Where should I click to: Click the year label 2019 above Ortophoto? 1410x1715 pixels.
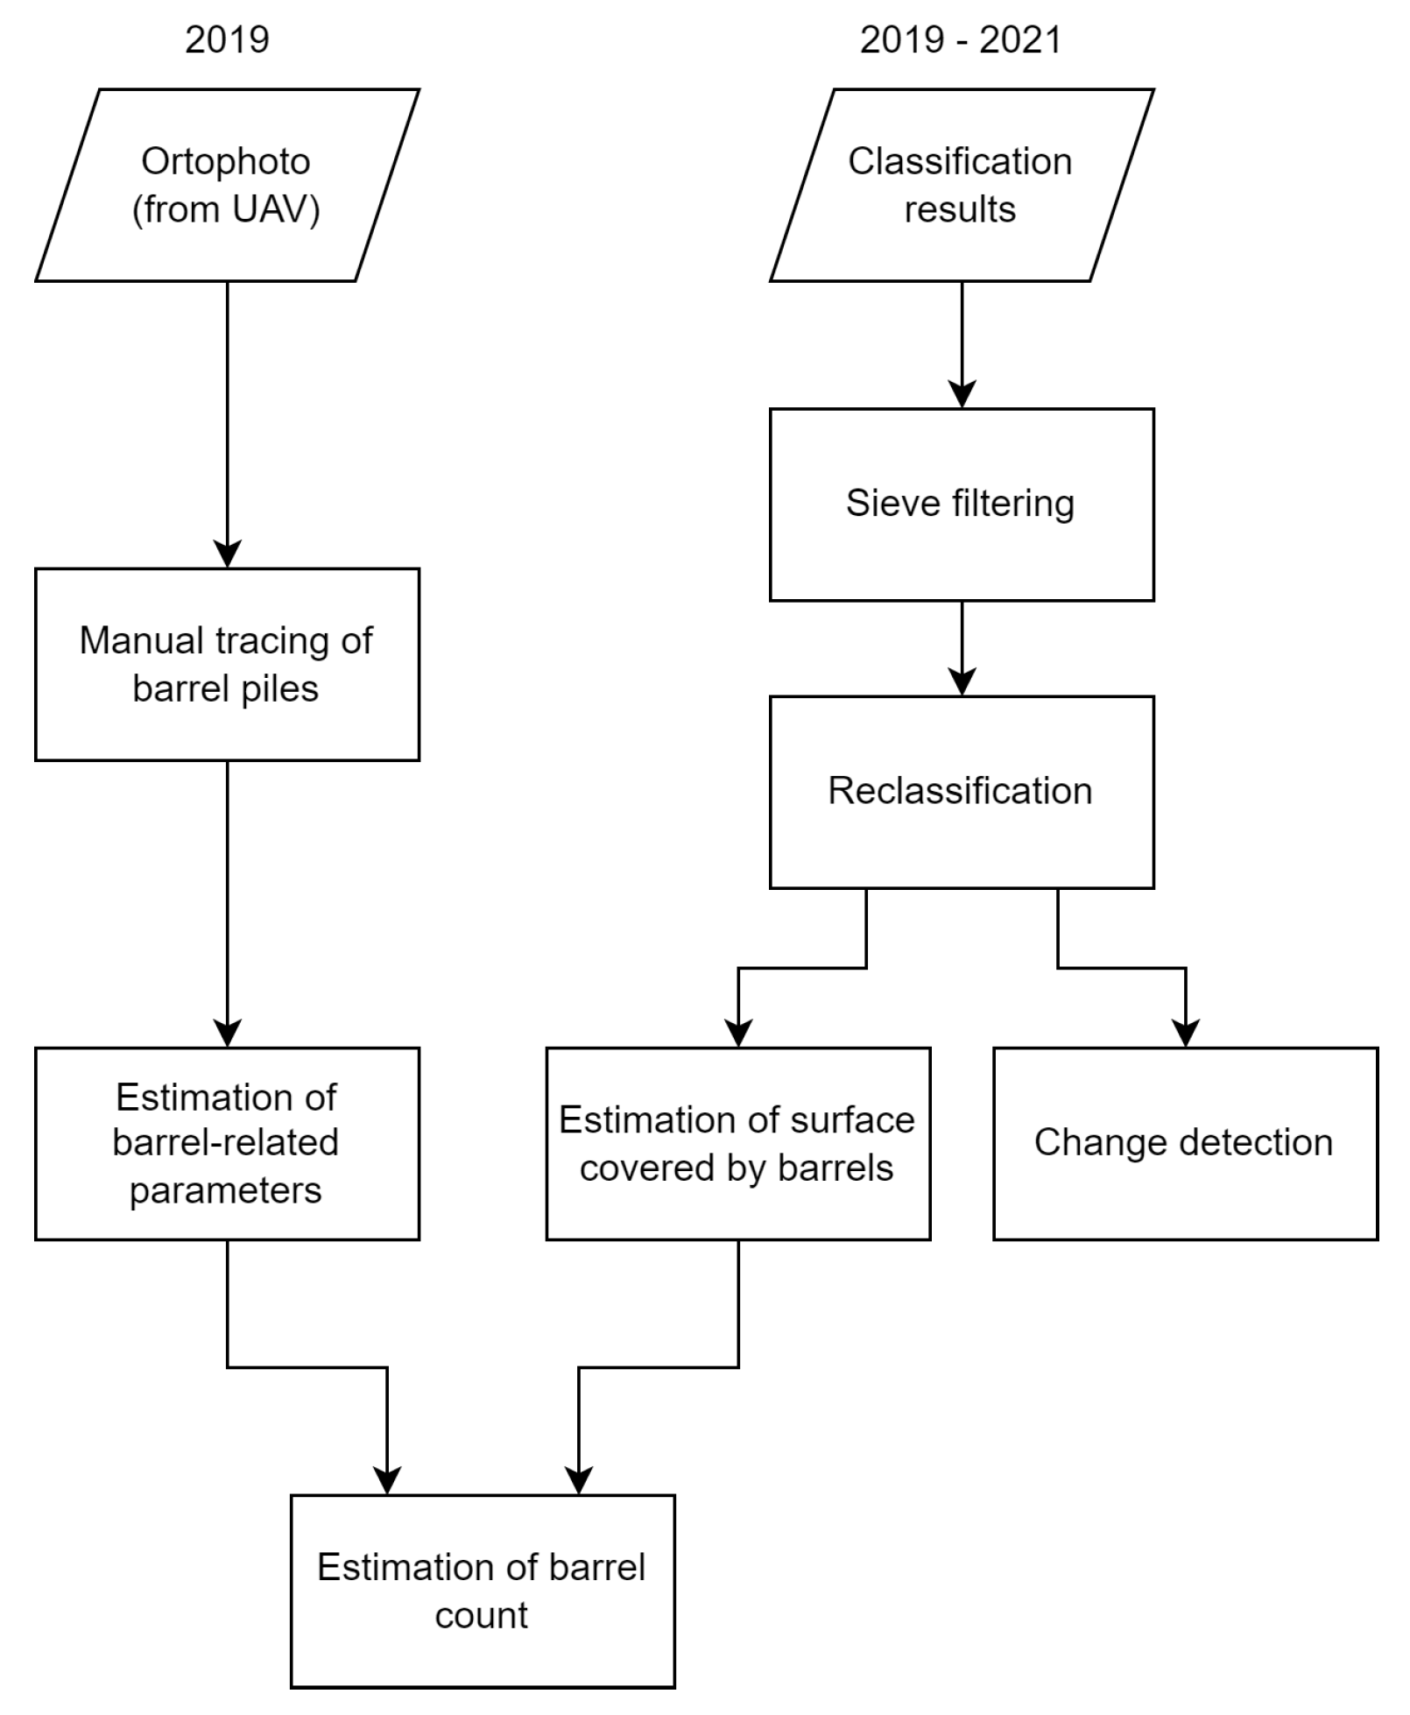click(x=227, y=40)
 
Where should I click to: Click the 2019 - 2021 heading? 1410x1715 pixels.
click(x=961, y=40)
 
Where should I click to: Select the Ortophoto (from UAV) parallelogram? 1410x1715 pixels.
click(x=227, y=185)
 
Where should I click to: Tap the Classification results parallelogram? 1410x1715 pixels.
click(x=961, y=185)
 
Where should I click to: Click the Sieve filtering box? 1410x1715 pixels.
click(x=961, y=505)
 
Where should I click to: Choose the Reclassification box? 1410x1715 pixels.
click(x=961, y=792)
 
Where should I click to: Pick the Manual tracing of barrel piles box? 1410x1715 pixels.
click(x=227, y=664)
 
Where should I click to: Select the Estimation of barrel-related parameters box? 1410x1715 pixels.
click(x=227, y=1143)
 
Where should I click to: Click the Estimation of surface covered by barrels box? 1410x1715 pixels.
click(x=737, y=1143)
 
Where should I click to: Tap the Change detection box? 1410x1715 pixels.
click(x=1185, y=1143)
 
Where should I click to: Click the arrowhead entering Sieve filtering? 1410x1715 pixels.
click(x=962, y=395)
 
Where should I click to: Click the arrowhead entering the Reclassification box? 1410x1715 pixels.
click(x=962, y=682)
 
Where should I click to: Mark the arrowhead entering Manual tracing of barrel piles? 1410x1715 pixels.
click(x=228, y=554)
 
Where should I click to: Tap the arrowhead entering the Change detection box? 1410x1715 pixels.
click(x=1185, y=1034)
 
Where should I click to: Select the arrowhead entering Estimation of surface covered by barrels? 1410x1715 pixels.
click(x=738, y=1034)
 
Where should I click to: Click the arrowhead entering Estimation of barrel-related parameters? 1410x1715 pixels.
click(x=228, y=1034)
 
